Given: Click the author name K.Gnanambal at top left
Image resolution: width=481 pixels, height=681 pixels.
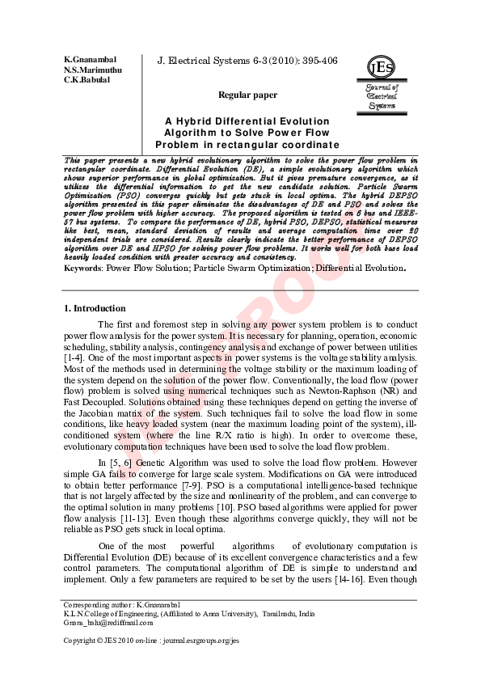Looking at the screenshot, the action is pos(90,61).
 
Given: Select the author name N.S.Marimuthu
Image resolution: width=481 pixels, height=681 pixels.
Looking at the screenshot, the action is pos(92,70).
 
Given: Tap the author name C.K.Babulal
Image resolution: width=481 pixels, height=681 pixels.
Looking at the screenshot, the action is pos(86,80).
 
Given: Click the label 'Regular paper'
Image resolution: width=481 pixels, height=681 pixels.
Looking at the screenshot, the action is pos(247,95).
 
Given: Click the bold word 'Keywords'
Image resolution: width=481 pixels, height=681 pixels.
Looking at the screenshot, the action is pos(82,243).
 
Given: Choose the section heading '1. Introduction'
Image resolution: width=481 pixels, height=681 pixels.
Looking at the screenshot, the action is pos(95,286).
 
